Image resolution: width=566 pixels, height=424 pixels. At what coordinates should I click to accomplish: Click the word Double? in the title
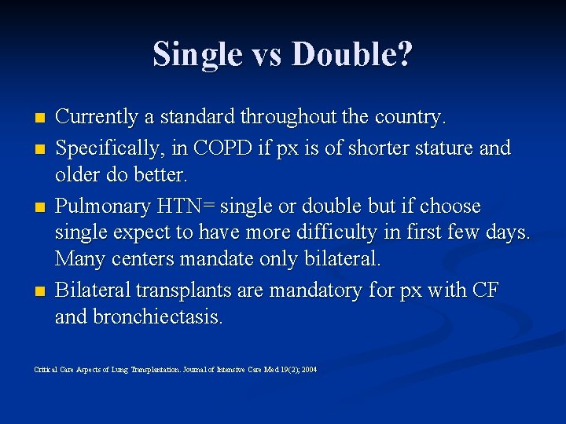click(352, 55)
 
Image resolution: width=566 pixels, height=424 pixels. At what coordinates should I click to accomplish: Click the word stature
click(445, 148)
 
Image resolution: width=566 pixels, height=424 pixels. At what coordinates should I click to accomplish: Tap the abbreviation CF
click(484, 291)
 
